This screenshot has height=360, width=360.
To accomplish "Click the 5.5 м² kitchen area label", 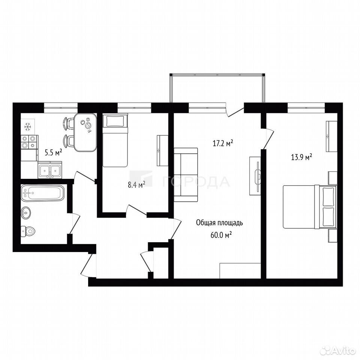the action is pyautogui.click(x=53, y=152).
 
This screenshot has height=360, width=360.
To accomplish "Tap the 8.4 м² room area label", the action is pyautogui.click(x=136, y=184).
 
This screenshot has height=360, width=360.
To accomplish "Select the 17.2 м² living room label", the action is pyautogui.click(x=223, y=143).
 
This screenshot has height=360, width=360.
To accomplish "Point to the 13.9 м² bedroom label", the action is pyautogui.click(x=301, y=157).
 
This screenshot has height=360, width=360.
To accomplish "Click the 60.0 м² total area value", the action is pyautogui.click(x=221, y=235).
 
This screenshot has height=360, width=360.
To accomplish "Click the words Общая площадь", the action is pyautogui.click(x=219, y=223).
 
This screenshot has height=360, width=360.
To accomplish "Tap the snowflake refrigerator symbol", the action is pyautogui.click(x=28, y=127).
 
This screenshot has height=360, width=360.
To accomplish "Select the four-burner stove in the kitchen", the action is pyautogui.click(x=29, y=142).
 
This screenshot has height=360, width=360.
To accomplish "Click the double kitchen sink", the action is pyautogui.click(x=50, y=170).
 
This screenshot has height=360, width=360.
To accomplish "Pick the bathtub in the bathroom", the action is pyautogui.click(x=42, y=193).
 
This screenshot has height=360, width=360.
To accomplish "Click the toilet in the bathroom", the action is pyautogui.click(x=27, y=231).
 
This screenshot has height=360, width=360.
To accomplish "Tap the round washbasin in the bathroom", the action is pyautogui.click(x=26, y=213).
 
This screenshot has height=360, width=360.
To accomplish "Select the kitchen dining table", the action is pyautogui.click(x=85, y=132).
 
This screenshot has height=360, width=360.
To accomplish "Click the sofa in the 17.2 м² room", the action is pyautogui.click(x=186, y=175).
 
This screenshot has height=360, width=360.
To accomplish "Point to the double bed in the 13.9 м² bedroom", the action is pyautogui.click(x=310, y=207).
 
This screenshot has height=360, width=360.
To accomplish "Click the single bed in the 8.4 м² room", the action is pyautogui.click(x=115, y=140).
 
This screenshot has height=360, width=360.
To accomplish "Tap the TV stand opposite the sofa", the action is pyautogui.click(x=255, y=176).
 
